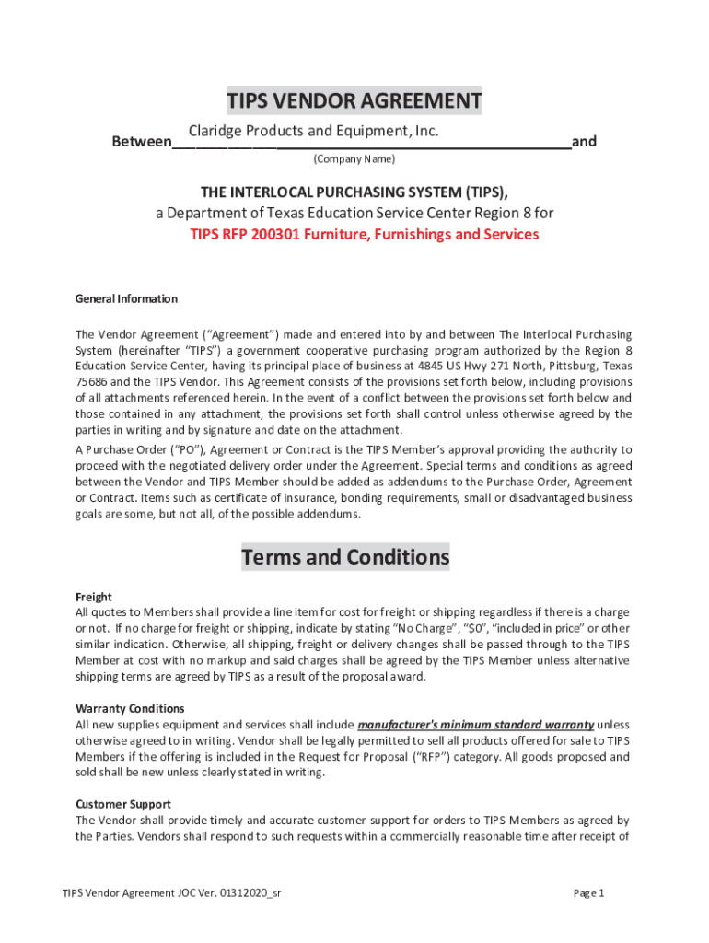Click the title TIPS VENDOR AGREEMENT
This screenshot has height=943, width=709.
click(x=354, y=100)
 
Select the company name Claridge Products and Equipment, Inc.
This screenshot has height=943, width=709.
click(x=313, y=132)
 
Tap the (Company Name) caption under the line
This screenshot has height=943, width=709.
click(x=354, y=159)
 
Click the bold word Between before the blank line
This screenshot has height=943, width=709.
click(x=141, y=142)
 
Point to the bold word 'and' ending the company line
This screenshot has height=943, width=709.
click(x=584, y=142)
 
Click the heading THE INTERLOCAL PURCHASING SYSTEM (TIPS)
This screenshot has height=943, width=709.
click(x=354, y=192)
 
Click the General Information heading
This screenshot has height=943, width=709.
click(x=126, y=298)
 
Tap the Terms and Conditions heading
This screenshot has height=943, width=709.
click(x=345, y=557)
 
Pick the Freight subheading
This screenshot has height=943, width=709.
click(x=93, y=597)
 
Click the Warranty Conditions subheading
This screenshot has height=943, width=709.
click(x=130, y=708)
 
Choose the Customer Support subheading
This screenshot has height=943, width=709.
click(x=122, y=804)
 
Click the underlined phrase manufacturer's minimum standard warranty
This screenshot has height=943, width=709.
click(x=475, y=724)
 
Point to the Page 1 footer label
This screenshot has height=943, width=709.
click(x=588, y=893)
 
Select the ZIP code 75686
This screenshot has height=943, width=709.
click(x=91, y=381)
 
